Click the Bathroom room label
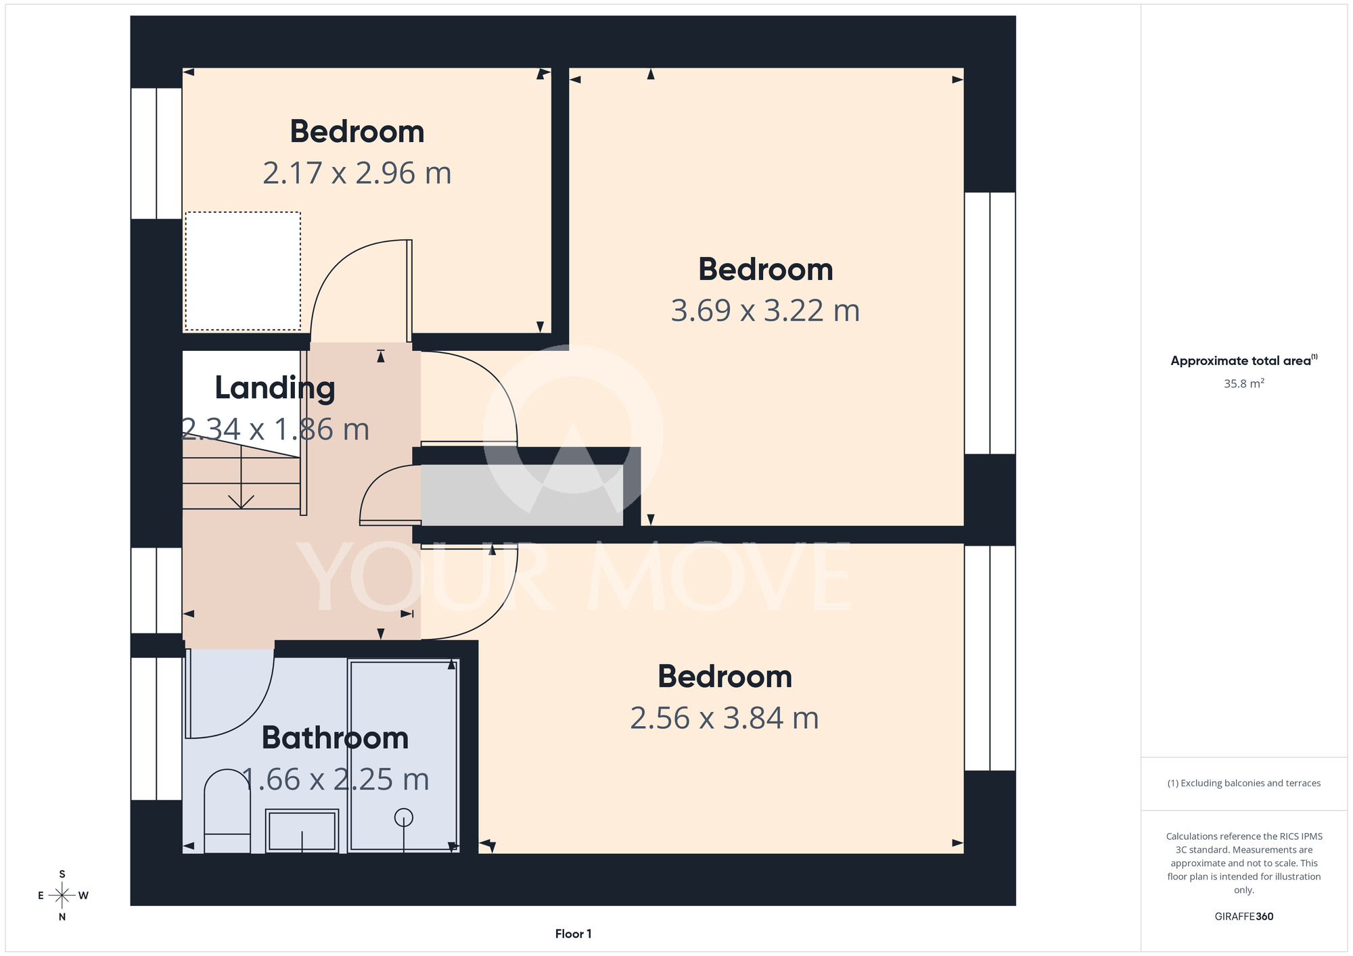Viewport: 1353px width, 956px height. pos(335,738)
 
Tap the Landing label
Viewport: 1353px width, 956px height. pos(275,389)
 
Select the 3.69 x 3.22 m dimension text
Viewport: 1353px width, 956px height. pos(765,310)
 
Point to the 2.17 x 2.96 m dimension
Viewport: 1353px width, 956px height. pos(357,173)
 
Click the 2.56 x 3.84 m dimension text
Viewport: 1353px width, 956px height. pos(725,718)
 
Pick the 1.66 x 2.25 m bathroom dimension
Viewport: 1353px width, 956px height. pos(335,780)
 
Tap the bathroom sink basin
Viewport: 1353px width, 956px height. pos(302,830)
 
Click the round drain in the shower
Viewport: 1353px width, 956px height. pos(404,818)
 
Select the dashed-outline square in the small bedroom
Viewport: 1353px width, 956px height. pos(243,271)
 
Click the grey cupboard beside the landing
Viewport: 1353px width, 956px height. pos(522,495)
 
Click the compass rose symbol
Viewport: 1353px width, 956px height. pos(62,896)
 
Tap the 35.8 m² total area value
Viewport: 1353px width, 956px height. pos(1244,383)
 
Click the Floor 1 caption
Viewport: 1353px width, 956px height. pos(573,934)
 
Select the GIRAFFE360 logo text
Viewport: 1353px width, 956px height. pos(1244,917)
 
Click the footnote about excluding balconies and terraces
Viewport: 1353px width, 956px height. pos(1244,783)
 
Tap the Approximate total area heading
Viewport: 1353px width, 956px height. pos(1244,360)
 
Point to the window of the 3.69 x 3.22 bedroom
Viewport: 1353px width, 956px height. pos(990,323)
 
